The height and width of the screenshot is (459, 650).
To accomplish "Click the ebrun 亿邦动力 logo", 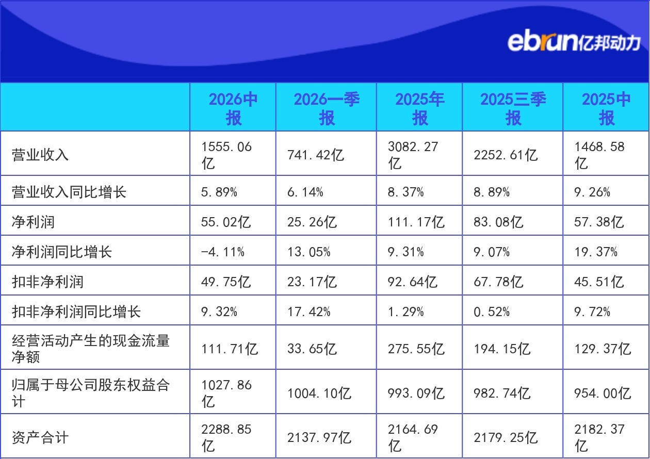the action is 574,42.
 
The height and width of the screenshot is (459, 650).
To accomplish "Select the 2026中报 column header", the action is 233,108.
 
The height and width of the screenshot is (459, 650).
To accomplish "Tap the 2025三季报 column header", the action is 513,108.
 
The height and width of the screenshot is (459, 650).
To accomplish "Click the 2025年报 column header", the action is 419,108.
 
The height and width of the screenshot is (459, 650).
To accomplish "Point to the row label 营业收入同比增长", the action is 69,192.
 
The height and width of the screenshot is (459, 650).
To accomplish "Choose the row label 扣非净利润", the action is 47,282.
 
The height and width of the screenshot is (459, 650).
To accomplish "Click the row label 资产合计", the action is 40,437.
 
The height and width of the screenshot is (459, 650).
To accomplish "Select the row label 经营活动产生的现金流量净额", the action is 91,349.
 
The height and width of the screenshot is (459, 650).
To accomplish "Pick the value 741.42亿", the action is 316,155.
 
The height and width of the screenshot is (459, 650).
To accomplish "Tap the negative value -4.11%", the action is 222,252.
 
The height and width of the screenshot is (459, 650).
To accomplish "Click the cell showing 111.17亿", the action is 416,222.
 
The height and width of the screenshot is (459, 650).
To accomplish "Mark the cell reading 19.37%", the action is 596,252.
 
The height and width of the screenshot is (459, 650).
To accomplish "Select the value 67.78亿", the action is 498,282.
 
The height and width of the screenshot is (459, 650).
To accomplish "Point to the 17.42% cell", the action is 308,312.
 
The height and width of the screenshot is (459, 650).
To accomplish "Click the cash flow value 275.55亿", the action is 416,349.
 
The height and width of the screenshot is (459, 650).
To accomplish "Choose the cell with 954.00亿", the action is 603,394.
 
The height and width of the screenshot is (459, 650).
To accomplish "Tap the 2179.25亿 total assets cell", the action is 506,437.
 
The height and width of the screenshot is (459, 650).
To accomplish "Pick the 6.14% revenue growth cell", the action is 305,192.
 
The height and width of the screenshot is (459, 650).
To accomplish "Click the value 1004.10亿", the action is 319,394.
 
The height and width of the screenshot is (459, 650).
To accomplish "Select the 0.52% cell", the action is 492,312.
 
